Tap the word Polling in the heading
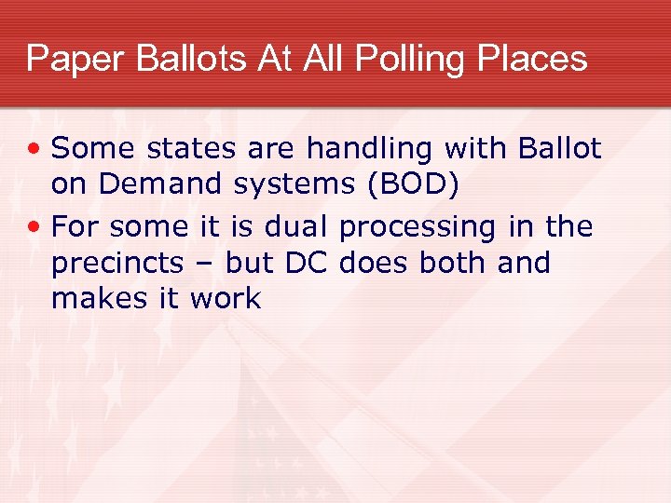pos(412,59)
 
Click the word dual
pos(296,227)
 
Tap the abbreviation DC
pos(306,263)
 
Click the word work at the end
pos(226,299)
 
